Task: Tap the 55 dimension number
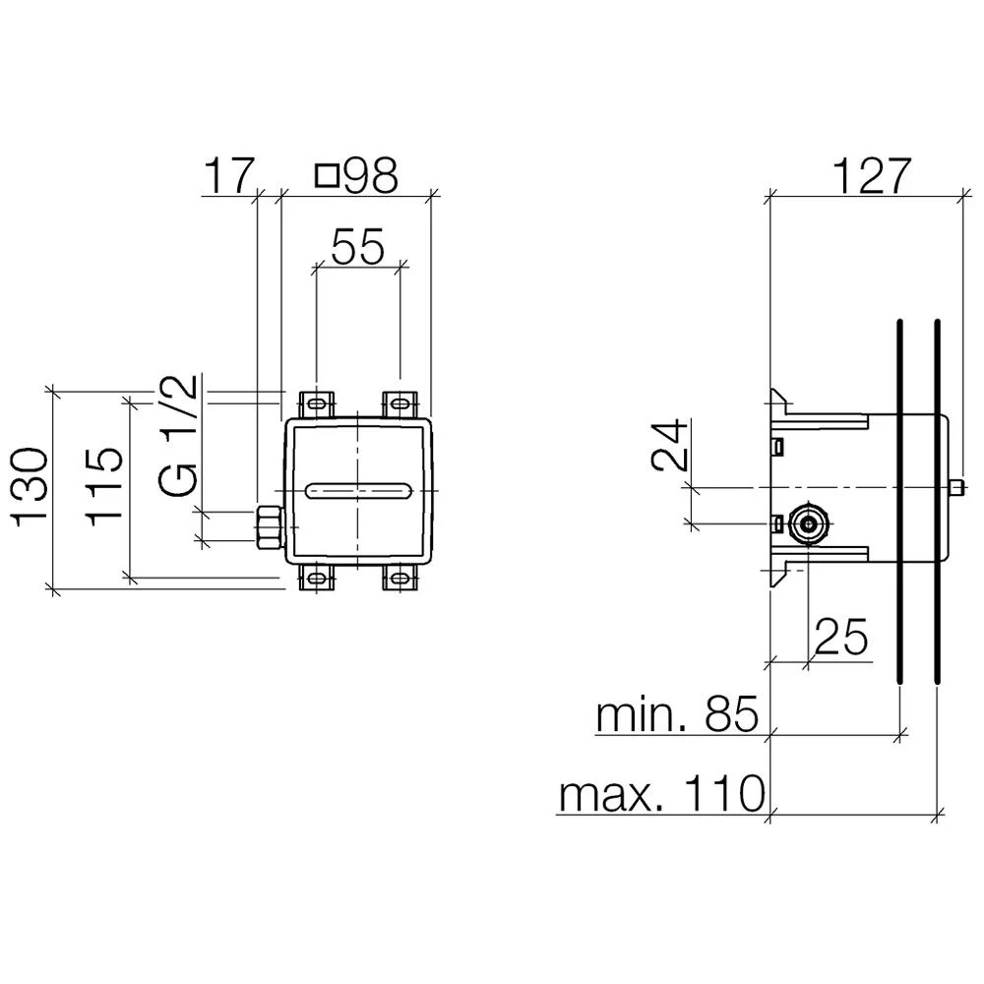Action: tap(358, 247)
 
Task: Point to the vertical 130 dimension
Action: tap(31, 486)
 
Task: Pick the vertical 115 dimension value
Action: tap(103, 486)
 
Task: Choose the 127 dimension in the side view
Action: tap(872, 176)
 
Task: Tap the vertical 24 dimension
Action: tap(669, 446)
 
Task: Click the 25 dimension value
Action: tap(841, 637)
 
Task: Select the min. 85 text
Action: tap(678, 714)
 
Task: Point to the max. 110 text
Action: tap(662, 794)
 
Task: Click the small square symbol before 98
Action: tap(328, 176)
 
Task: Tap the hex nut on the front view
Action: tap(270, 526)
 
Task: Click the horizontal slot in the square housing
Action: tap(359, 491)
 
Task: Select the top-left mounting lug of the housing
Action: tap(317, 404)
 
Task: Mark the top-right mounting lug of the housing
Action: tap(400, 404)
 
